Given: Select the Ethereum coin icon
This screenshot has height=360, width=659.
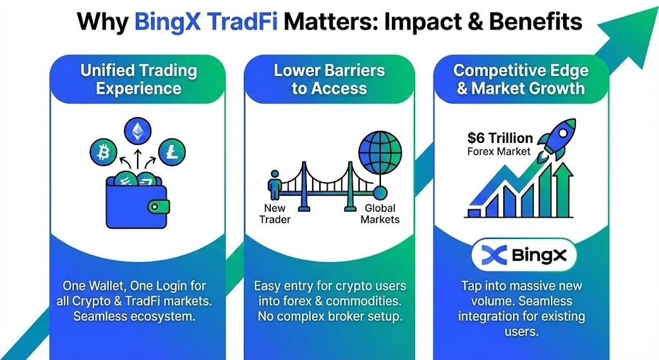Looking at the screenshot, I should pos(136,131).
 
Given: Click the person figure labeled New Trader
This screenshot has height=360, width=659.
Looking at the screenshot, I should pos(275,186).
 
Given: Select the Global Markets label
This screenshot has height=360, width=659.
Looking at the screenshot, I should pos(380,214).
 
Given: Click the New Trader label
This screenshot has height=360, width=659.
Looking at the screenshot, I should pos(275,214).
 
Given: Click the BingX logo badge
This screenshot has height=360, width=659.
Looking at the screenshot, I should pos(524,256).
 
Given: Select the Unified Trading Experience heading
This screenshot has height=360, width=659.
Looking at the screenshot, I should pos(138,79).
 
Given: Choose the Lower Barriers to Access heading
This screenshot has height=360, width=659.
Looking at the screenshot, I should pos(329,79).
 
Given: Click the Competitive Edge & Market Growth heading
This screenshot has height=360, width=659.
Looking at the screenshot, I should pos(520,79).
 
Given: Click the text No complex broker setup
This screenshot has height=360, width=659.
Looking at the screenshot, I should pos(329,317).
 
